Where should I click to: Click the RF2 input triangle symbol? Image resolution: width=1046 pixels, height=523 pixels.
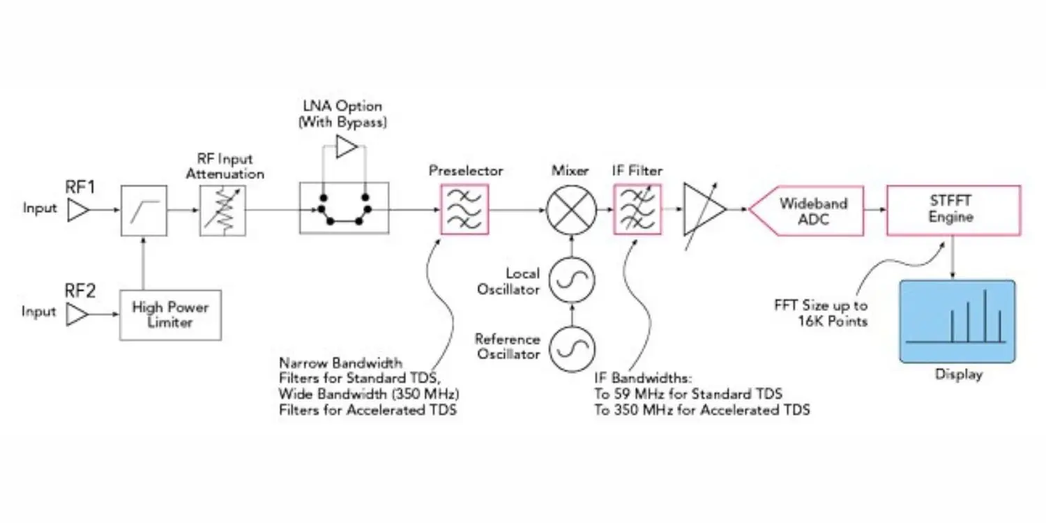75,316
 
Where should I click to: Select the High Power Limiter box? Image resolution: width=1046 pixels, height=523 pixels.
170,315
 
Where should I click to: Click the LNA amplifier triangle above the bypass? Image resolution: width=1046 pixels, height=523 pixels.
346,147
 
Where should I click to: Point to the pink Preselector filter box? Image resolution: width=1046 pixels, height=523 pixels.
464,209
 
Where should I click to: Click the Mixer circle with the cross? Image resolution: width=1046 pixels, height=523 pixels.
571,209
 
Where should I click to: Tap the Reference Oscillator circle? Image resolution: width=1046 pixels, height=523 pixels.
571,347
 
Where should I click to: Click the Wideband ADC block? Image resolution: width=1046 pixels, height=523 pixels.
809,210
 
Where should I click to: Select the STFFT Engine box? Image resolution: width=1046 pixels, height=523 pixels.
953,210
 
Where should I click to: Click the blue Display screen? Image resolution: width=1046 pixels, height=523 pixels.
957,321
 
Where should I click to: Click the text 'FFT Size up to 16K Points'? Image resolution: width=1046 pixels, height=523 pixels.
821,312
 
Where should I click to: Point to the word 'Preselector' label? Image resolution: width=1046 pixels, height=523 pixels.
466,171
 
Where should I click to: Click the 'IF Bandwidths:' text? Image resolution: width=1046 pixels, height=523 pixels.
642,379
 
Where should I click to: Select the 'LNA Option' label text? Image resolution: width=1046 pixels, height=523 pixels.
342,107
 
